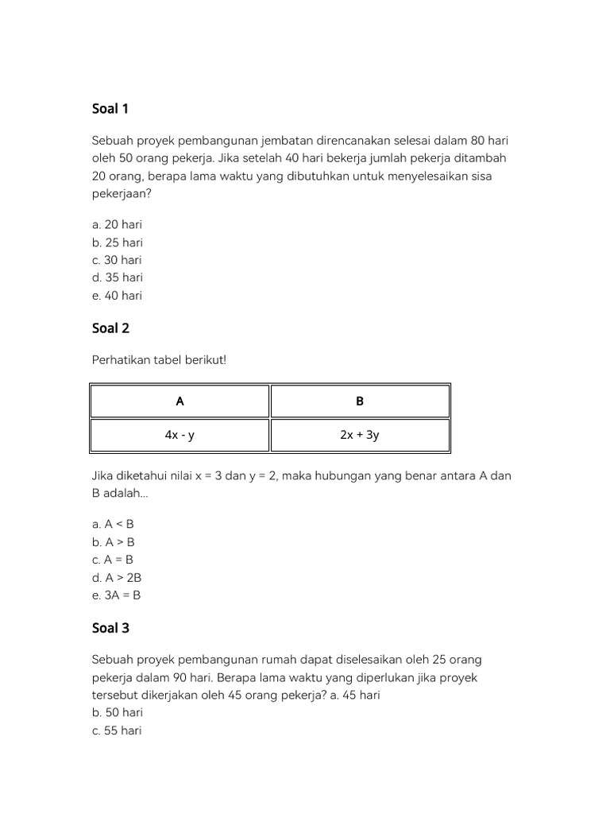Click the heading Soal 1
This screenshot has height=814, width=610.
[110, 109]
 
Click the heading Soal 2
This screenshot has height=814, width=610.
[110, 328]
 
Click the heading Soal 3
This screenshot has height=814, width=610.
[110, 628]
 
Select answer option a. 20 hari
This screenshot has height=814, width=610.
[117, 225]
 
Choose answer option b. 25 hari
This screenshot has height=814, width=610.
[118, 242]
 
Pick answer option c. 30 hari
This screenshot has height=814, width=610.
[117, 260]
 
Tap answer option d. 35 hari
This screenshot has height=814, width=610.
[118, 277]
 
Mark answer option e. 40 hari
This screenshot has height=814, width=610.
[117, 295]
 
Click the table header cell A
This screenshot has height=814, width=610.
[180, 401]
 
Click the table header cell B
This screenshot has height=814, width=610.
[360, 401]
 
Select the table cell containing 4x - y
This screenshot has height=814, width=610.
[180, 435]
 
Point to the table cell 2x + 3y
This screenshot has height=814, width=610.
[360, 435]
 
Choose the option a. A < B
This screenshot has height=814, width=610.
[113, 525]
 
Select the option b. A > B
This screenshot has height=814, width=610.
[114, 542]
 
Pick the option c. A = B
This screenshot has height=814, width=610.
[113, 560]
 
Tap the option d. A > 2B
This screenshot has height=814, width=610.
[117, 577]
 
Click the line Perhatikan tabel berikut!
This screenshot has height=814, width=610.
[159, 360]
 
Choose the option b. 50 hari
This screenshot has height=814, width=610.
[118, 713]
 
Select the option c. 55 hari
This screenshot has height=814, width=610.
[117, 731]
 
